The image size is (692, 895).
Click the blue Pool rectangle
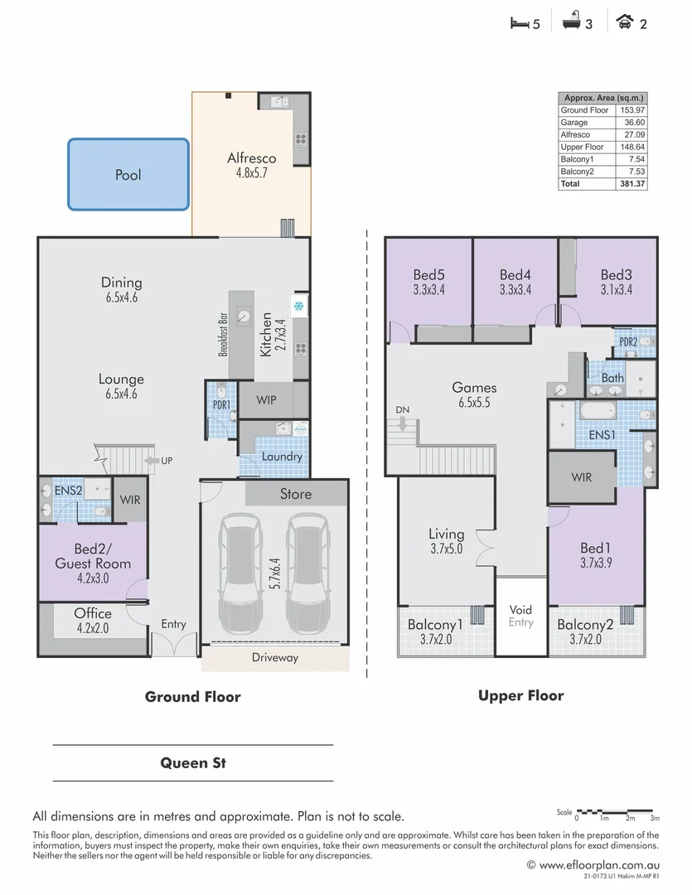click(128, 174)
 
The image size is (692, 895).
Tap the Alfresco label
click(251, 158)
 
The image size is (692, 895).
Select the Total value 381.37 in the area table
click(631, 184)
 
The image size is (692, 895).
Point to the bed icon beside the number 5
click(518, 23)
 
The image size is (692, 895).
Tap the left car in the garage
click(240, 572)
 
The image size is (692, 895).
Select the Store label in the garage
click(295, 494)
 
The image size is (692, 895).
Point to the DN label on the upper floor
click(402, 410)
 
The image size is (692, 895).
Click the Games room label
click(474, 387)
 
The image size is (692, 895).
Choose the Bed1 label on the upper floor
click(595, 548)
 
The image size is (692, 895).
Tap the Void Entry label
click(520, 616)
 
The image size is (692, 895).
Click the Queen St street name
click(193, 762)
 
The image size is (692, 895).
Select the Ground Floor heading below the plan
click(192, 697)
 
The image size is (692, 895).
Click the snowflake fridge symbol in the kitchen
click(298, 307)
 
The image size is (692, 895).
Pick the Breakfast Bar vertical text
click(223, 334)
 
